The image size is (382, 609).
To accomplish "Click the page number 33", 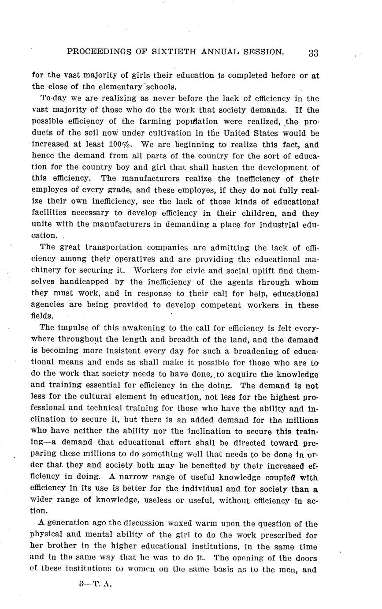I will (x=313, y=53).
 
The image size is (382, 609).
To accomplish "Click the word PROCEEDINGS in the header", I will (x=96, y=52).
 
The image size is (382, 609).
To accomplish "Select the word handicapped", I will (x=82, y=282).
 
